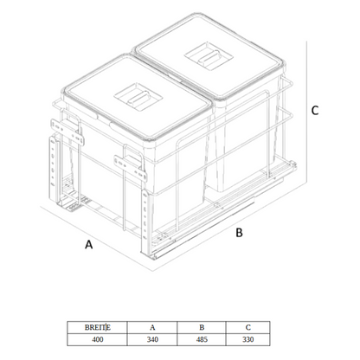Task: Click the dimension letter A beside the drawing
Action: click(88, 244)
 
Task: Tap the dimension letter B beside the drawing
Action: click(239, 232)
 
